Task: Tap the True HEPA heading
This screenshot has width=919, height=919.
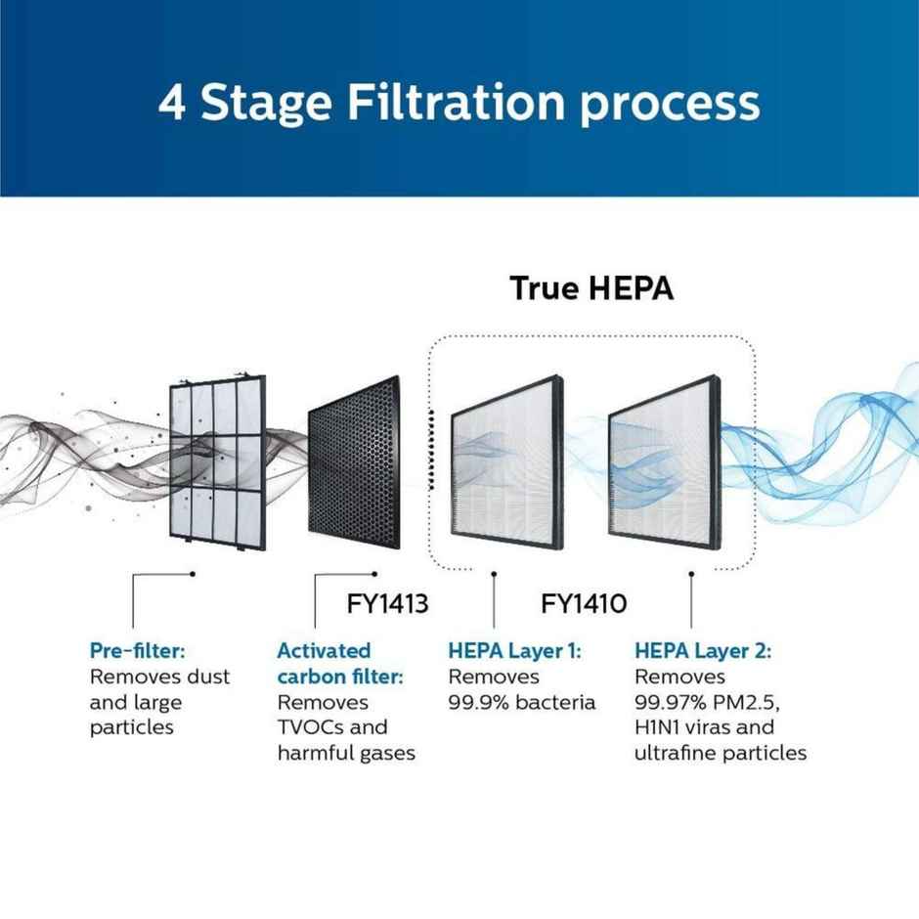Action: click(x=591, y=289)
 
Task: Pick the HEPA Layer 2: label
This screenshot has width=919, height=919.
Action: click(x=703, y=650)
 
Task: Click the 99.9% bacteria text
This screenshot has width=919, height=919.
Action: click(x=522, y=702)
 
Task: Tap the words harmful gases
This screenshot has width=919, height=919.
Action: click(x=346, y=753)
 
